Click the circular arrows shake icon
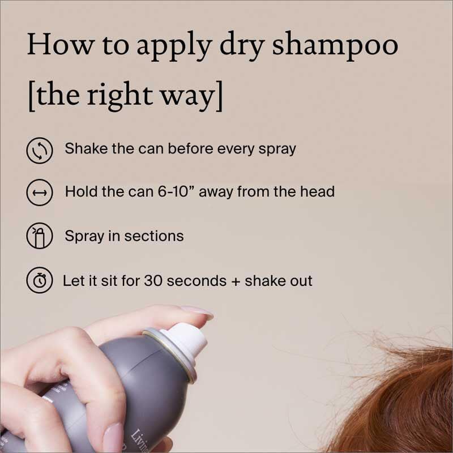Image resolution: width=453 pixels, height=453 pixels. point(40,151)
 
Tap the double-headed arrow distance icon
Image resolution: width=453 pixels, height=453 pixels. point(40,193)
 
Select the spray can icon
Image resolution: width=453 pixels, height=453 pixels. point(40,236)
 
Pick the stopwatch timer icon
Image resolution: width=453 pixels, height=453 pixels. point(40,280)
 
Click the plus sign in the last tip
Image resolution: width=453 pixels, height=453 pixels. point(233,281)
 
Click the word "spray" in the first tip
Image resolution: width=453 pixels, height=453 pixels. point(276,149)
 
